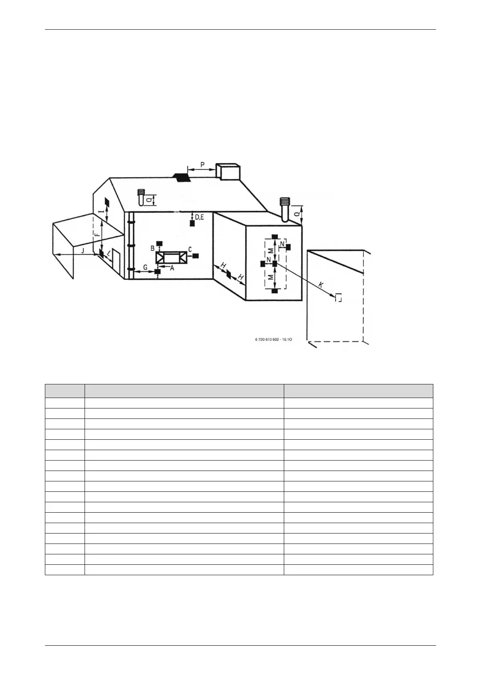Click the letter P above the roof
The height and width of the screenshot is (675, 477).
[202, 164]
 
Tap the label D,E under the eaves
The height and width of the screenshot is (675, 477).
[200, 217]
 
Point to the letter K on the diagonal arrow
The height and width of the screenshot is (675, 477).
[320, 285]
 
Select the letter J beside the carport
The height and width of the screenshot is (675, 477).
[83, 251]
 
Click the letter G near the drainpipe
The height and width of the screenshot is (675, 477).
[146, 267]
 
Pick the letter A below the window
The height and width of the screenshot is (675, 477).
[172, 268]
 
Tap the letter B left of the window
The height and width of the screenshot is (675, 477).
[152, 249]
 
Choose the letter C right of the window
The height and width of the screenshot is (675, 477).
[190, 249]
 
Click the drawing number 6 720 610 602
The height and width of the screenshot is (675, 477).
[273, 340]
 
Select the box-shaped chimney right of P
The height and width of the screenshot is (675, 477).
[228, 172]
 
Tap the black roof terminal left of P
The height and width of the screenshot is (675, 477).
[181, 177]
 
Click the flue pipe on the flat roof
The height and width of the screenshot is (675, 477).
[285, 209]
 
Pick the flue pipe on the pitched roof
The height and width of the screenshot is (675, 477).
[140, 197]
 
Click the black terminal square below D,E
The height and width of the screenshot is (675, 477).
[192, 224]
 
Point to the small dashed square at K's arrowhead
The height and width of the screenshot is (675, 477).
[339, 297]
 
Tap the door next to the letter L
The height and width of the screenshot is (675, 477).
[116, 262]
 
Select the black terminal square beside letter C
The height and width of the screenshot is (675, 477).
[196, 255]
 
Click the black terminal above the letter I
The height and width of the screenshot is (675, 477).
[107, 201]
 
